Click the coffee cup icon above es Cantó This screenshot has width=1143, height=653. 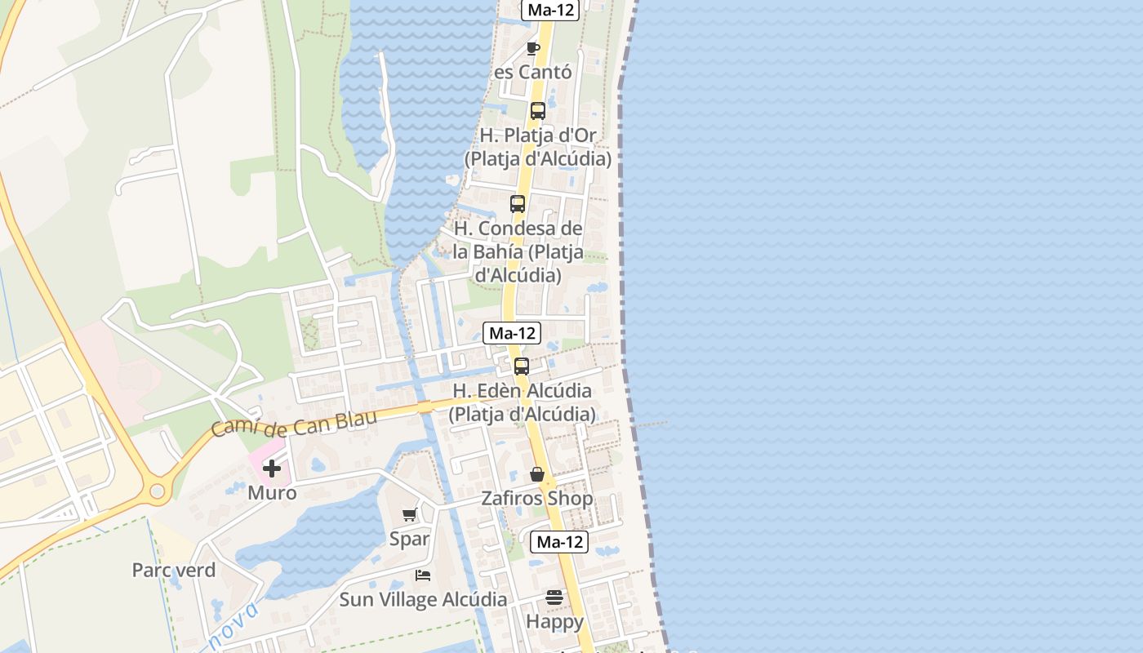(533, 49)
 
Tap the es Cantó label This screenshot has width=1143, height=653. (533, 72)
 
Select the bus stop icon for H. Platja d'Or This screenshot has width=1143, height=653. (537, 111)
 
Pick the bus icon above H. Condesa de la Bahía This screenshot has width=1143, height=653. (518, 204)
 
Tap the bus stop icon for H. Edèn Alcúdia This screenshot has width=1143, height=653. (522, 366)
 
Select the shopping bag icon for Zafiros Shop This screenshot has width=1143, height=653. (537, 474)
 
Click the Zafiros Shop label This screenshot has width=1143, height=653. (537, 499)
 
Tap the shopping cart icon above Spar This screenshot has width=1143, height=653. (409, 514)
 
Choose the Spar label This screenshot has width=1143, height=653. (409, 539)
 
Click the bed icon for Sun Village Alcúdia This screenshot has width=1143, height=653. (423, 575)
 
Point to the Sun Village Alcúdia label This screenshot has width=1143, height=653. (423, 599)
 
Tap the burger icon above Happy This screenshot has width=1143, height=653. (554, 597)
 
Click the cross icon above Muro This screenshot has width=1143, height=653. (272, 469)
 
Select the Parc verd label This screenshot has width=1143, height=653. (174, 570)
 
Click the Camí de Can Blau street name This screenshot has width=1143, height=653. (294, 423)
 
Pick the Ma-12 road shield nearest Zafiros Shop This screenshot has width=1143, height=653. (559, 541)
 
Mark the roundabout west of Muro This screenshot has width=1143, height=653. (157, 491)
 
